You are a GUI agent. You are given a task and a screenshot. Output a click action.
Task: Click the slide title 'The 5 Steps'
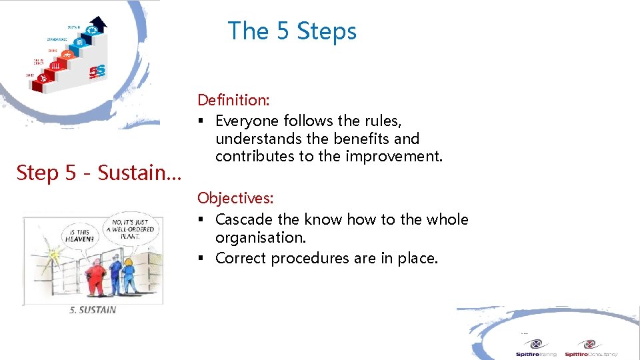click(x=292, y=31)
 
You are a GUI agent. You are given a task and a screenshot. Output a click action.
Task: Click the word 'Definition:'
click(x=233, y=100)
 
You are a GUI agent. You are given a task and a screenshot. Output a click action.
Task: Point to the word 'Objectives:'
click(x=235, y=198)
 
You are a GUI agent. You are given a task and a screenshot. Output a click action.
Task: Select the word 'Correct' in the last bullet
click(x=240, y=258)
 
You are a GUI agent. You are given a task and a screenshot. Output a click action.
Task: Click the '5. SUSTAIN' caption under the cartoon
click(x=93, y=309)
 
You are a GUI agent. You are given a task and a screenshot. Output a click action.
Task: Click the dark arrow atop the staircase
click(x=99, y=24)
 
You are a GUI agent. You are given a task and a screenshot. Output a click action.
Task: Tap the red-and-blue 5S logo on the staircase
click(x=97, y=69)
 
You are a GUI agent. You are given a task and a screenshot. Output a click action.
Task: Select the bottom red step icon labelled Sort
click(x=43, y=79)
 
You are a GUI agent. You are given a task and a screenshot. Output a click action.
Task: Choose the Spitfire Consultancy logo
click(x=589, y=347)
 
